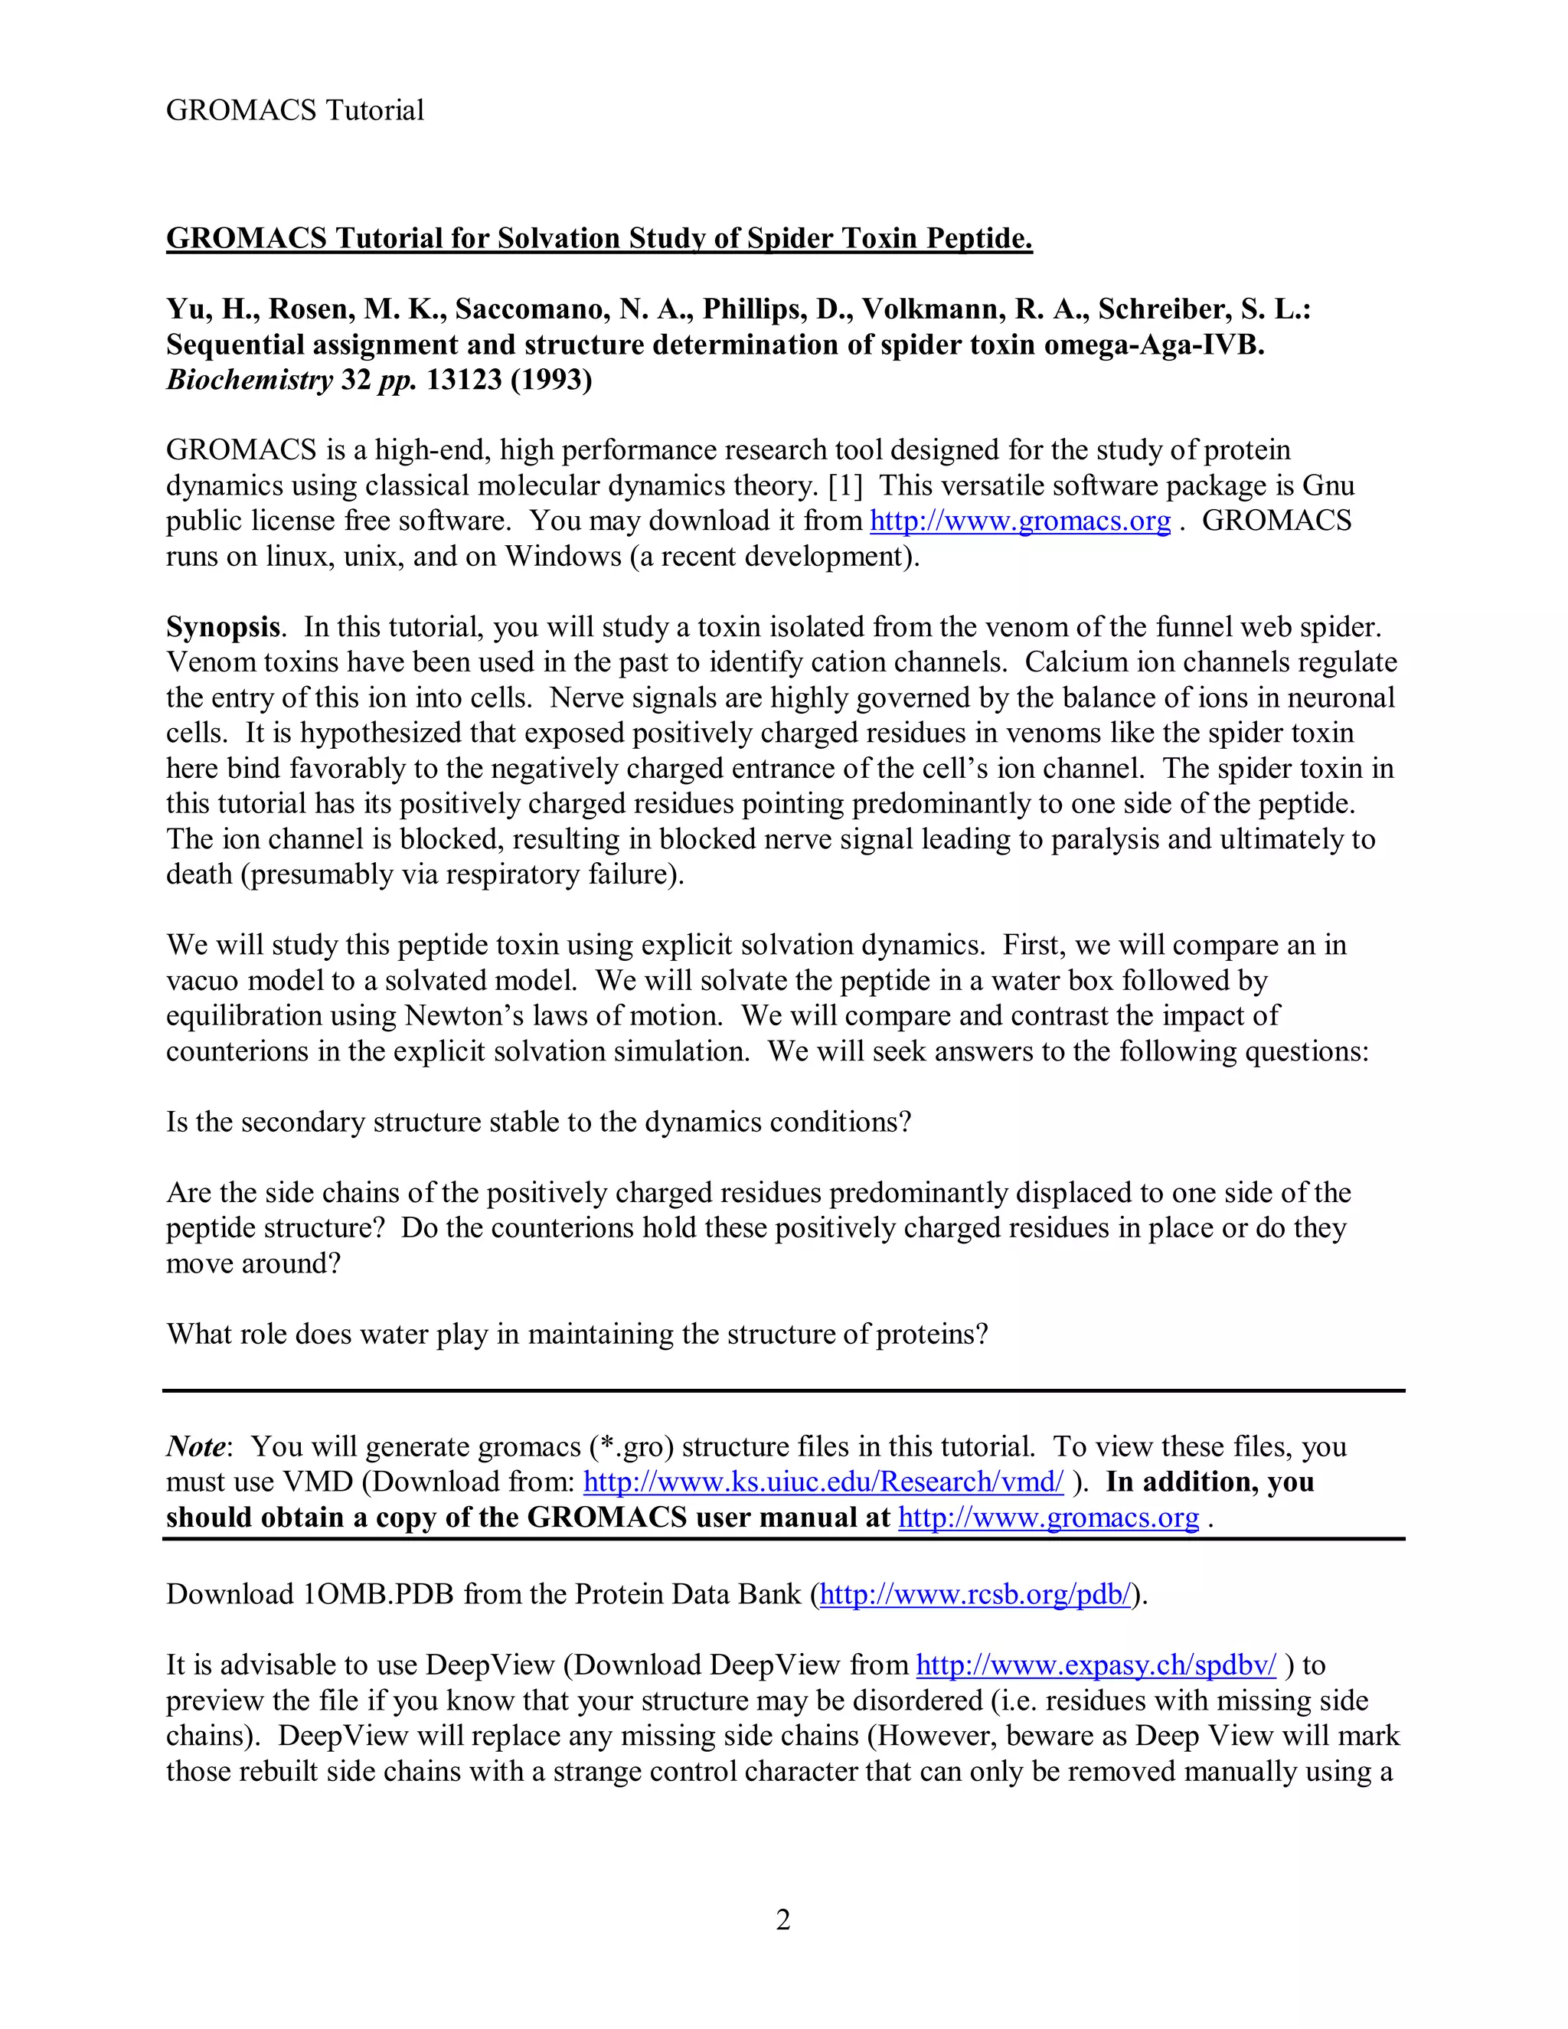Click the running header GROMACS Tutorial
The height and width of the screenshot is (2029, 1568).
click(295, 110)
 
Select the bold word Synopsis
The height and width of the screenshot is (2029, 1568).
click(222, 627)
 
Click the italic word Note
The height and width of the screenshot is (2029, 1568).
click(195, 1446)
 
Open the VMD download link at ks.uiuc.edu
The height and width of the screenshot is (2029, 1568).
click(823, 1482)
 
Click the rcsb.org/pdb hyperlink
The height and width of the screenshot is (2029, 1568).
click(976, 1594)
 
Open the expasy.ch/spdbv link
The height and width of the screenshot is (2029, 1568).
click(1096, 1665)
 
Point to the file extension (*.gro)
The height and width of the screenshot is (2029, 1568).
click(632, 1446)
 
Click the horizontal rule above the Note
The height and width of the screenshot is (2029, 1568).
click(783, 1390)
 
